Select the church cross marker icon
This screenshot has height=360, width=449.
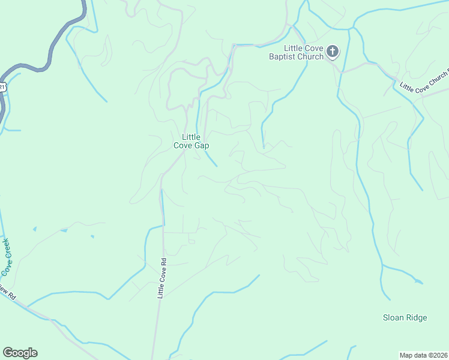coord(333,52)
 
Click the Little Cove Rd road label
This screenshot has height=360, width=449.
coord(161,278)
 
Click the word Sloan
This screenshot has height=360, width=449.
coord(394,317)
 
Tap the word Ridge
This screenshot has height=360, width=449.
coord(417,317)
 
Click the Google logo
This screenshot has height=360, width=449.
coord(20,353)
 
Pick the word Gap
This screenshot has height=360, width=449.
coord(202,145)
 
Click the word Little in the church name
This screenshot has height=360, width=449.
coord(294,48)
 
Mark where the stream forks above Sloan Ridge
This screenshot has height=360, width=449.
coord(382,265)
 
